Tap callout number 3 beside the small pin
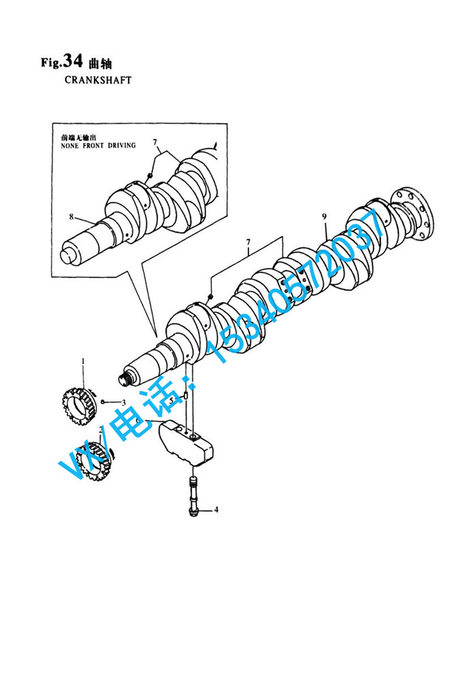(124, 402)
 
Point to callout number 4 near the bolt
(216, 510)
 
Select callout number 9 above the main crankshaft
(324, 217)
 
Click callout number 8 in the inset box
(71, 217)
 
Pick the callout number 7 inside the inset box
(155, 142)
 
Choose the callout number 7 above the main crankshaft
(248, 242)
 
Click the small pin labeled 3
(103, 402)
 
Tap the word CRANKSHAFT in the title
(98, 80)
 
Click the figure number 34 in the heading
(73, 61)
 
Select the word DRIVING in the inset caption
(121, 146)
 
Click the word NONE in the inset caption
(69, 146)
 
